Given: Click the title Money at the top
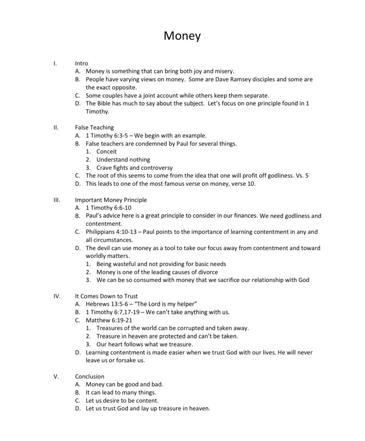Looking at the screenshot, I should coord(182,36).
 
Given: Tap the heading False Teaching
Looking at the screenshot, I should coord(94,127).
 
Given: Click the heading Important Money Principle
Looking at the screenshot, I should coord(111,200).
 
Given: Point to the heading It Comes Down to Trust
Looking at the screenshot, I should coord(106,296).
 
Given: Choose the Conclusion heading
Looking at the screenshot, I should coord(90,376).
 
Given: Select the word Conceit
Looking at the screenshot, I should coord(106,151).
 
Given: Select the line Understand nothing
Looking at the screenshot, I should coord(123,160).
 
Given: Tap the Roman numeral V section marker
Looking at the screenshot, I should coord(56,376).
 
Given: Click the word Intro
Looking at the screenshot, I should coord(81,63).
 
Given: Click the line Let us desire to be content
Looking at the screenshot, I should coord(122,400).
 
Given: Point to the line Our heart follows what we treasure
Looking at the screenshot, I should coord(145,344).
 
